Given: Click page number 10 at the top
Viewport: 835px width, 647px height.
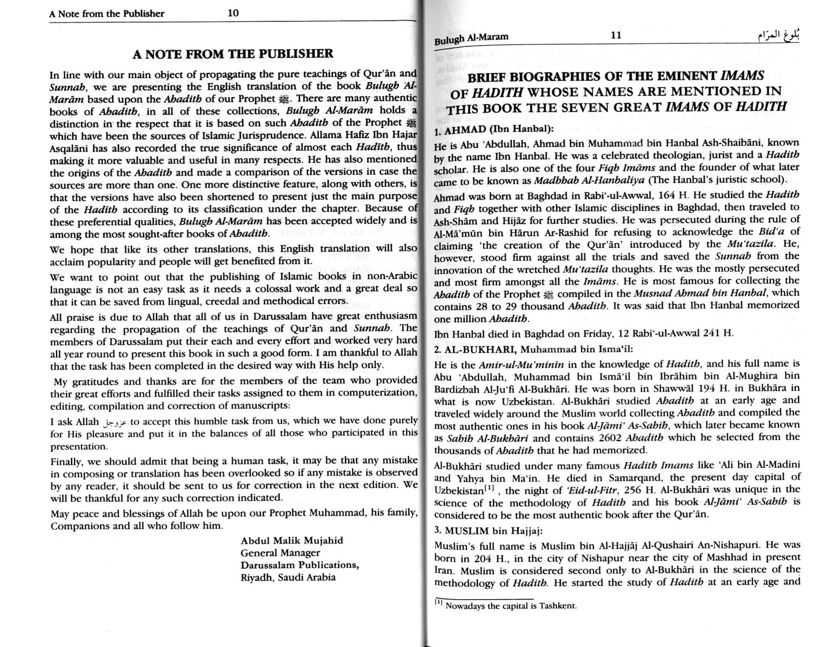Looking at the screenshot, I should [x=233, y=13].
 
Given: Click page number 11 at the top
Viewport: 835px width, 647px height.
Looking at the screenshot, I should [x=616, y=35].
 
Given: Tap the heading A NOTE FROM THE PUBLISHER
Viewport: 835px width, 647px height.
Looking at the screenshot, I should [x=233, y=54].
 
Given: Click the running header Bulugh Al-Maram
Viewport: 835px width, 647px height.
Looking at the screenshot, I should [x=471, y=37].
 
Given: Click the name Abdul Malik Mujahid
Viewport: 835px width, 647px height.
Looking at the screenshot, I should [x=292, y=540].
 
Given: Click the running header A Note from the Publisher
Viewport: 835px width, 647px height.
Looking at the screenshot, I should [x=107, y=13].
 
